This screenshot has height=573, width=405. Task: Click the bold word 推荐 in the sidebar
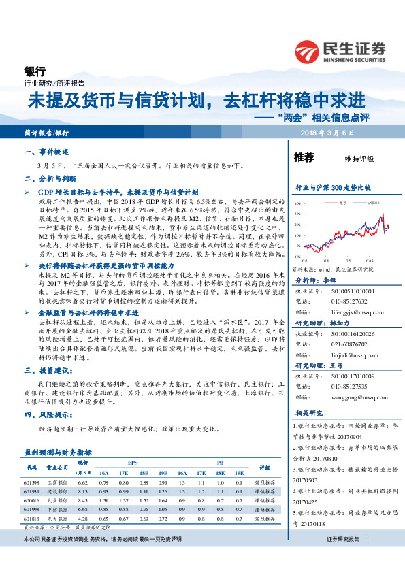coord(304,158)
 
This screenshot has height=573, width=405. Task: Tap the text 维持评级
coord(359,159)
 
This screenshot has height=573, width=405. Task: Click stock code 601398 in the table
coord(31,481)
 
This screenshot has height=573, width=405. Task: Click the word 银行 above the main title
coord(34,70)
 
